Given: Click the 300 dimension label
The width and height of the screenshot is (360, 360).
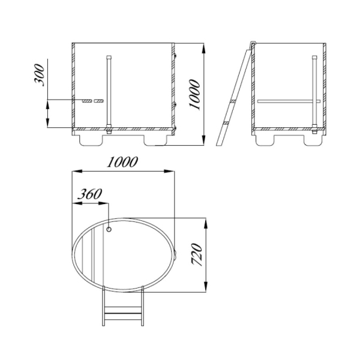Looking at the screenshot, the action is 39,75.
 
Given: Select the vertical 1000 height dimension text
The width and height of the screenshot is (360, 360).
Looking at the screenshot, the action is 194,95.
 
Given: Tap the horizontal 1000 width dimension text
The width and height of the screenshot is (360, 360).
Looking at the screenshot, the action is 122,162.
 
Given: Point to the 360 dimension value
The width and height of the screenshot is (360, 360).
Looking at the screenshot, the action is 89,194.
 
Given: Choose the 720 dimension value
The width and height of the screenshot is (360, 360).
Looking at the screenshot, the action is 197,255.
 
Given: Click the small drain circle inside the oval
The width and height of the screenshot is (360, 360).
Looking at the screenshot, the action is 109,229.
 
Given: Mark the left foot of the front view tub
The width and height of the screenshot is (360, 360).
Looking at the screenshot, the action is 91,140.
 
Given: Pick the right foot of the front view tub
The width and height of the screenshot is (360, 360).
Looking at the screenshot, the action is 155,140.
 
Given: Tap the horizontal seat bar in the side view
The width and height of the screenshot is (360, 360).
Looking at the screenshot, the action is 289,101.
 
